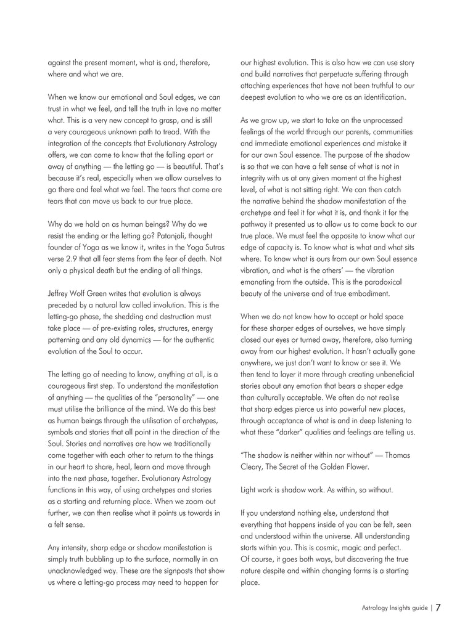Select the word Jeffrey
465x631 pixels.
(60, 293)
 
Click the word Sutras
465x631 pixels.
(209, 247)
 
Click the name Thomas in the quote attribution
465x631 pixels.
(400, 455)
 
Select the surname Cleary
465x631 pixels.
(252, 466)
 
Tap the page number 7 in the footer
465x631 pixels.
(438, 608)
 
